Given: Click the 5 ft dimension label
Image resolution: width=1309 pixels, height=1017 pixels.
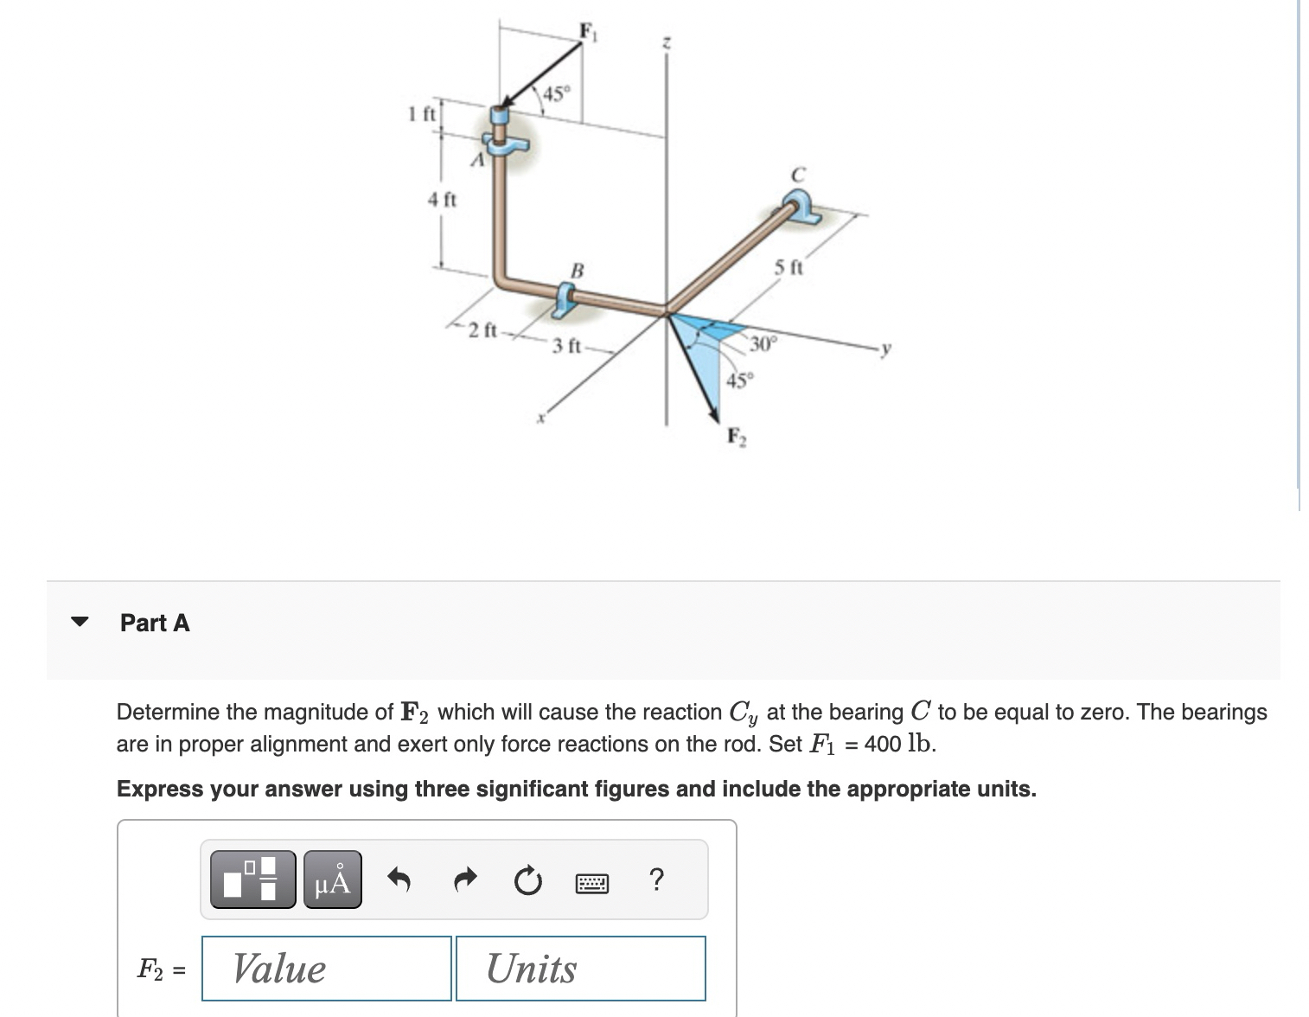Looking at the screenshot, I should coord(788,267).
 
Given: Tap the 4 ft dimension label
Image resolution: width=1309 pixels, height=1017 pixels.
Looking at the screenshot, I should coord(443,200).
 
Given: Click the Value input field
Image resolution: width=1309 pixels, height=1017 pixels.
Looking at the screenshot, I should coord(327,968).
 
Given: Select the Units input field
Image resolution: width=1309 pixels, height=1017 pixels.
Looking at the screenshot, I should coord(580,968).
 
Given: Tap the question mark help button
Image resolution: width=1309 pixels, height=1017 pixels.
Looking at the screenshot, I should coord(656,879).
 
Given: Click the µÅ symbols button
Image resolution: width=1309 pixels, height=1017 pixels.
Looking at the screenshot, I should coord(333,879).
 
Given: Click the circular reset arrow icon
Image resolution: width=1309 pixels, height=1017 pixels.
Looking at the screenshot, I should coord(526,881).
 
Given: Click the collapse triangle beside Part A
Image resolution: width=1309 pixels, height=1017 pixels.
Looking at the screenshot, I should coord(80,622).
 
